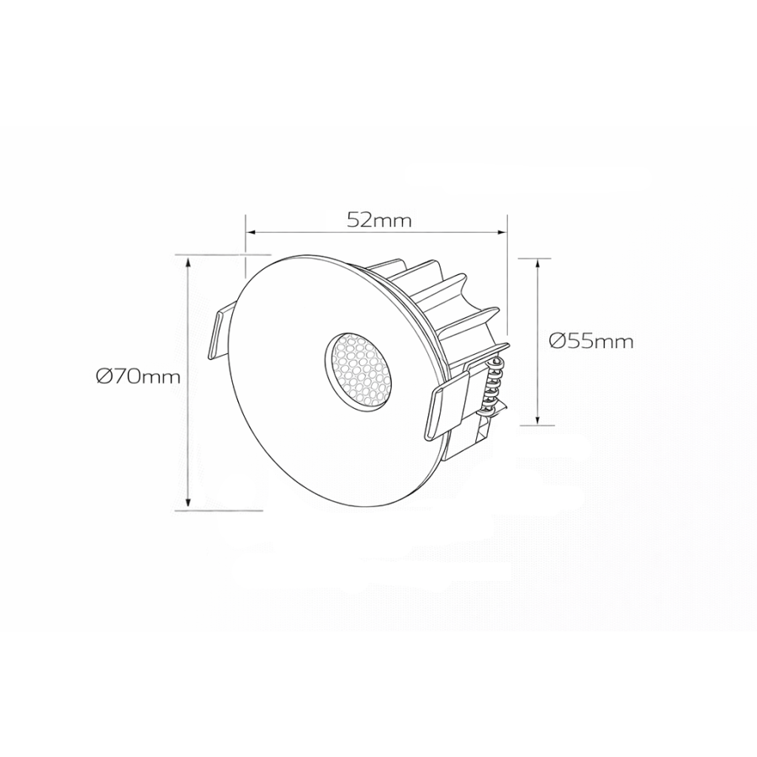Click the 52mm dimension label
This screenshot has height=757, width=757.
[378, 220]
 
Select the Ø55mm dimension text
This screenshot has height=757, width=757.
[590, 341]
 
